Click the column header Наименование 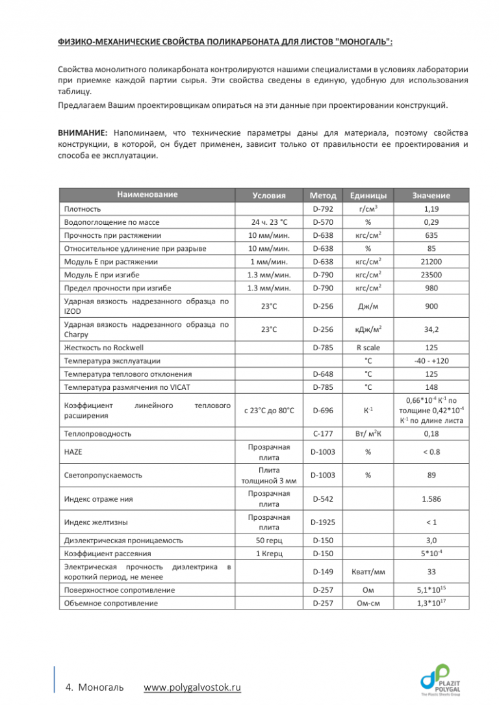click(x=147, y=194)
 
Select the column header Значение click(x=430, y=195)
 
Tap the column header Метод click(x=323, y=195)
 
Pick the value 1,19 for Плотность click(x=430, y=210)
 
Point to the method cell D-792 click(x=323, y=210)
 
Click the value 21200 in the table click(x=430, y=261)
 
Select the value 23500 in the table click(x=430, y=274)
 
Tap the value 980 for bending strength click(x=430, y=287)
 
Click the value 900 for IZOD click(x=430, y=305)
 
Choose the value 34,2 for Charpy click(x=430, y=329)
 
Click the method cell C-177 click(x=323, y=433)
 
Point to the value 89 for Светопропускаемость click(x=430, y=475)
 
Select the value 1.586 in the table click(x=430, y=498)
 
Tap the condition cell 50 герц click(x=268, y=540)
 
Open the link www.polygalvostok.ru click(x=192, y=687)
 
